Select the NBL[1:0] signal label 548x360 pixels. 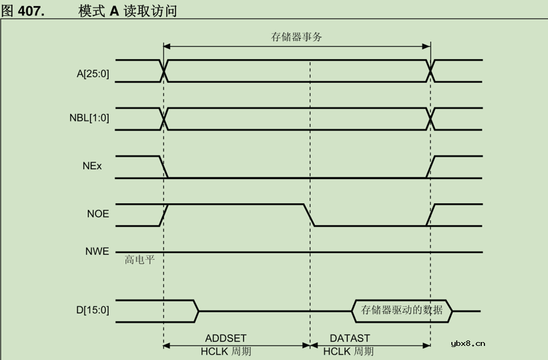click(89, 118)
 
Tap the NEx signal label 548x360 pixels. click(92, 166)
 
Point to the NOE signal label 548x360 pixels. click(98, 214)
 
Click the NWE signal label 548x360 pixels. click(97, 251)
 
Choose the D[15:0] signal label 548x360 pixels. click(92, 310)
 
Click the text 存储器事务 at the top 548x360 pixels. click(297, 37)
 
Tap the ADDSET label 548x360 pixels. click(225, 338)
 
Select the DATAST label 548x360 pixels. click(350, 338)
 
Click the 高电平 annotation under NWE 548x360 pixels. click(140, 260)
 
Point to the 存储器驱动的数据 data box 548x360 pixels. click(402, 311)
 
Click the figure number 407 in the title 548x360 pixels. click(31, 11)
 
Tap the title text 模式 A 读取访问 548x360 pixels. click(128, 11)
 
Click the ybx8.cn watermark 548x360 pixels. click(468, 343)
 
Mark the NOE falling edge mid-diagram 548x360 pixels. click(309, 214)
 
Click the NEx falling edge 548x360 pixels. click(163, 167)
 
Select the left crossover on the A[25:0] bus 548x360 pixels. click(163, 71)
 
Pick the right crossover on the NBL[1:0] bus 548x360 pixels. click(431, 119)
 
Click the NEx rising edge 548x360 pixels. click(431, 167)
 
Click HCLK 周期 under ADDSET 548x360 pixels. click(225, 351)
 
